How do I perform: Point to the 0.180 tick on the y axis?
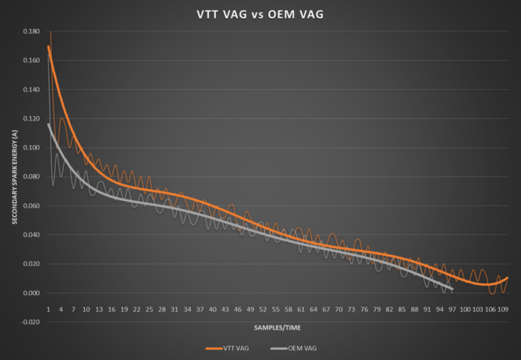pyautogui.click(x=31, y=32)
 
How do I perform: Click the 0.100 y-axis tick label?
pyautogui.click(x=31, y=148)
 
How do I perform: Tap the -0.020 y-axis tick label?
pyautogui.click(x=31, y=322)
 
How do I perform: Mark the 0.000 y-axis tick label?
pyautogui.click(x=31, y=293)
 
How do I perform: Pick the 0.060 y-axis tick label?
pyautogui.click(x=31, y=206)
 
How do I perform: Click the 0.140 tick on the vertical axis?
pyautogui.click(x=31, y=90)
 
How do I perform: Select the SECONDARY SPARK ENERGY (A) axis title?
pyautogui.click(x=14, y=176)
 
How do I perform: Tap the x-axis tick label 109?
pyautogui.click(x=503, y=308)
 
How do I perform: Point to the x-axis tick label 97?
pyautogui.click(x=453, y=308)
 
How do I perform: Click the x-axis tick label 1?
pyautogui.click(x=48, y=308)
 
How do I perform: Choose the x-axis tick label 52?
pyautogui.click(x=263, y=308)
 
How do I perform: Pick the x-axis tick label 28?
pyautogui.click(x=162, y=308)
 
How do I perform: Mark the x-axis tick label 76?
pyautogui.click(x=364, y=308)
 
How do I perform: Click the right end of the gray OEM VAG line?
pyautogui.click(x=452, y=289)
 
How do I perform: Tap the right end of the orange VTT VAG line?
pyautogui.click(x=508, y=278)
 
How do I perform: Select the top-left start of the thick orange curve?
pyautogui.click(x=48, y=47)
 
